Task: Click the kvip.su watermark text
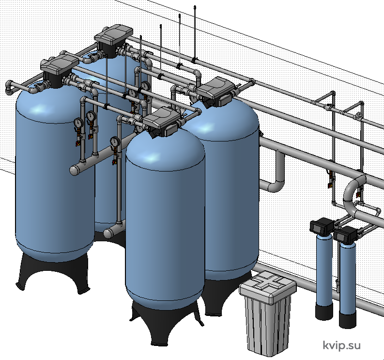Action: click(x=342, y=345)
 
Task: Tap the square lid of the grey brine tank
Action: click(x=268, y=286)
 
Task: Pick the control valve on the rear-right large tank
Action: click(x=216, y=91)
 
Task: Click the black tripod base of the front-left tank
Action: click(x=53, y=272)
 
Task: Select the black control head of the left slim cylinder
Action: click(x=322, y=226)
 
